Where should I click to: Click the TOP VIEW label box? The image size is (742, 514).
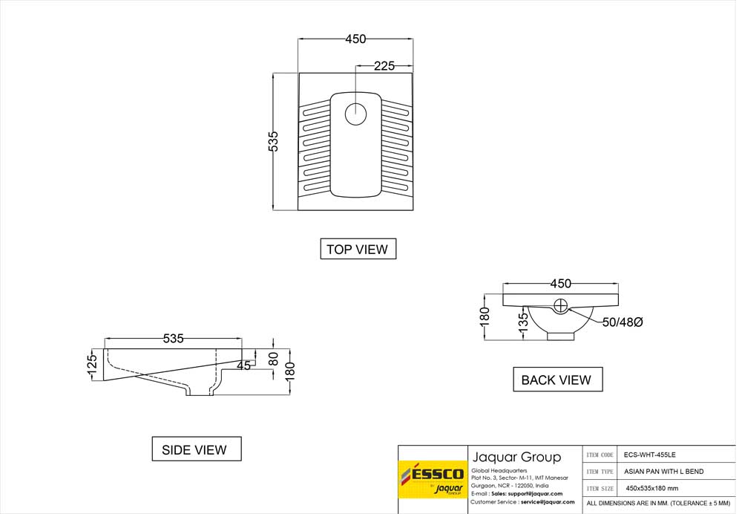tap(357, 250)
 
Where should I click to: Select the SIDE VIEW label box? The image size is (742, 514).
tap(194, 449)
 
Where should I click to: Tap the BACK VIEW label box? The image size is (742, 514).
tap(556, 380)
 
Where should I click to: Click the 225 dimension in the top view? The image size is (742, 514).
tap(384, 66)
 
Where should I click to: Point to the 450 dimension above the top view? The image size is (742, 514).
tap(355, 39)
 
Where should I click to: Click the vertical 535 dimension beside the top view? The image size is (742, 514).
tap(274, 141)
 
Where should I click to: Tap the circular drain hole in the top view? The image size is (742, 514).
tap(356, 114)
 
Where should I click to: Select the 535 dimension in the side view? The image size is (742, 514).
tap(173, 339)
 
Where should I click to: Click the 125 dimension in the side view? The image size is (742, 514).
tap(93, 365)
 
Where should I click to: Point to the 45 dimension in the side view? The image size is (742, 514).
tap(243, 365)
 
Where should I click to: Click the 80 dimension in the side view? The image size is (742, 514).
tap(273, 359)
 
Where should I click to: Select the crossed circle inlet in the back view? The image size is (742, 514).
tap(562, 304)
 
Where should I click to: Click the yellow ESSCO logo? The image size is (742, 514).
tap(432, 478)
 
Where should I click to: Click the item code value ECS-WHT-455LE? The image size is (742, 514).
tap(649, 455)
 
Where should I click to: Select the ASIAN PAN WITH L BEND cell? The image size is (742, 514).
tap(663, 472)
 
